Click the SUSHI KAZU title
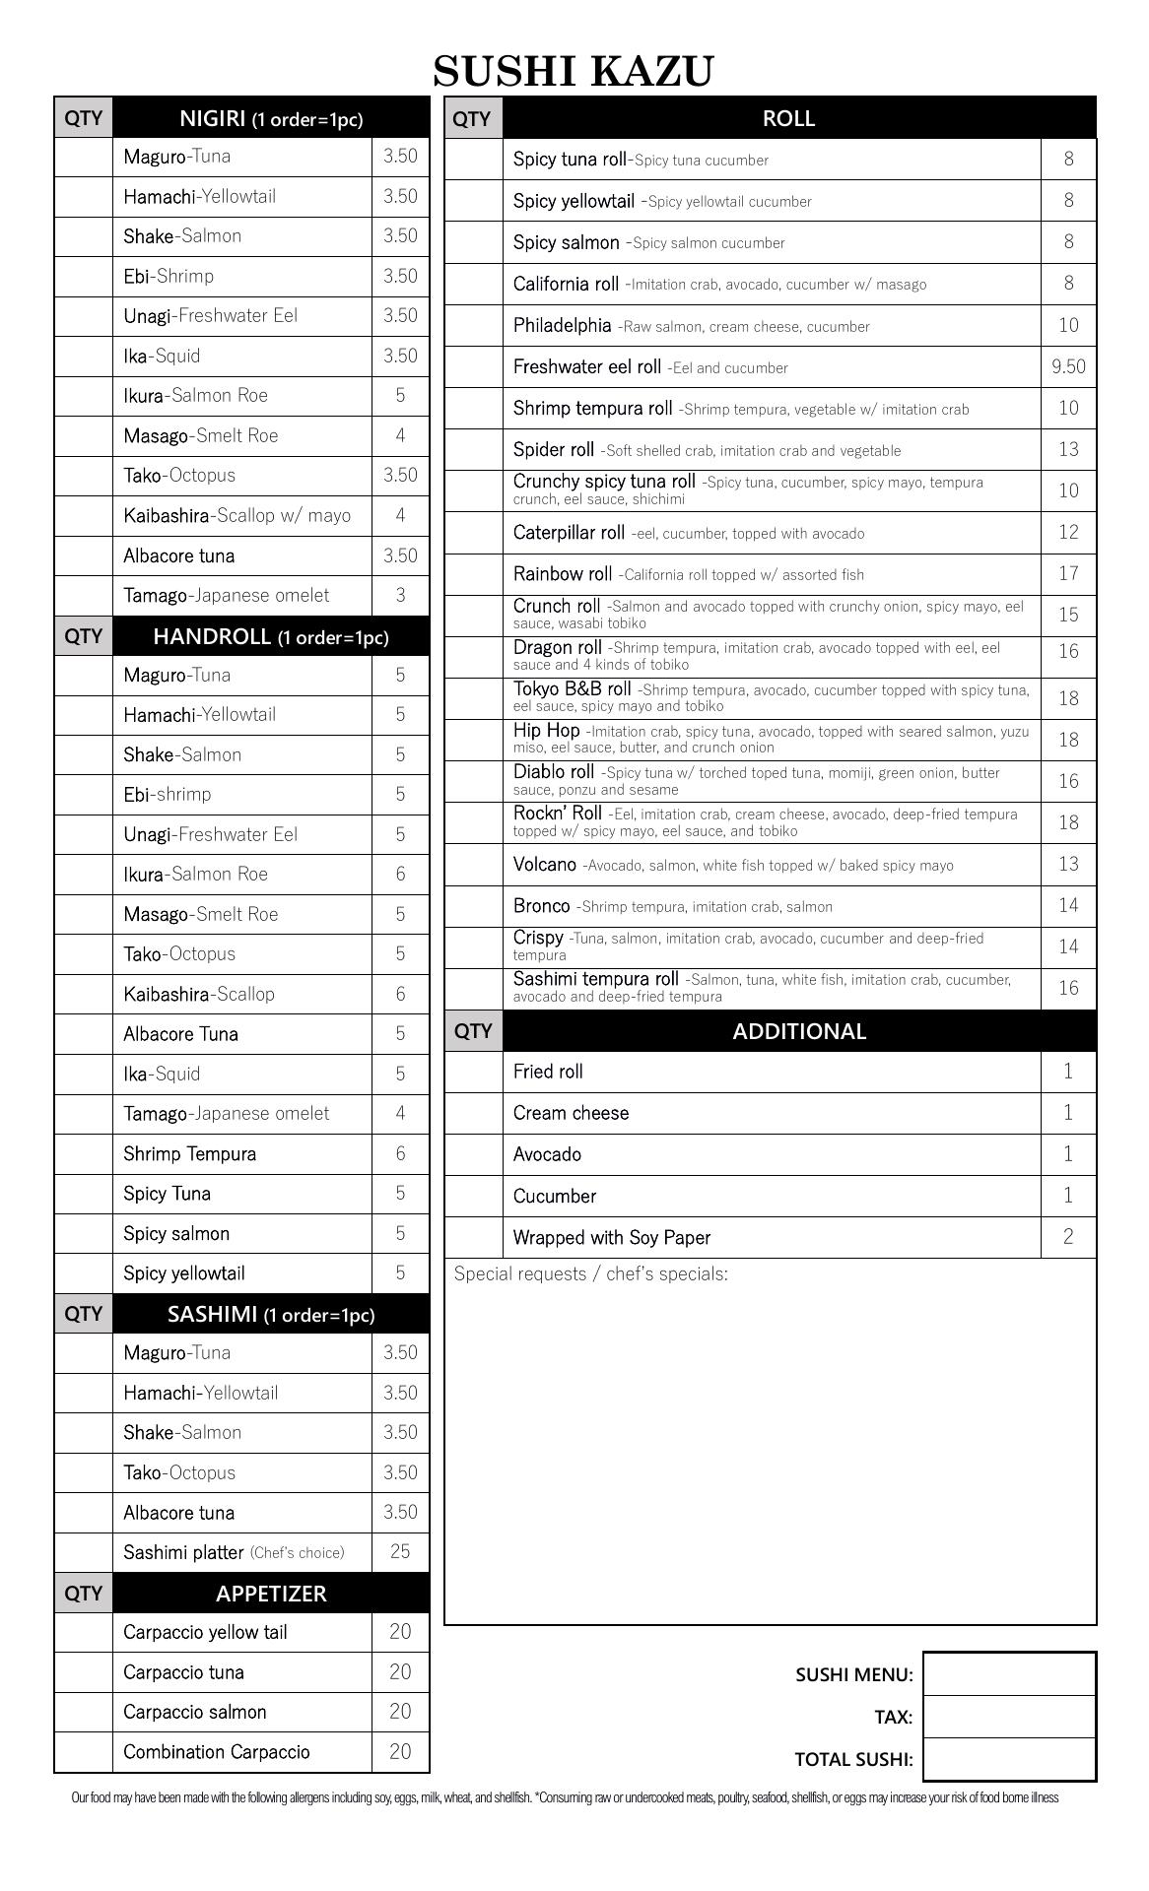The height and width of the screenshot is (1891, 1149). point(574,72)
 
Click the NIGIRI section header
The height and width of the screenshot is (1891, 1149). point(271,118)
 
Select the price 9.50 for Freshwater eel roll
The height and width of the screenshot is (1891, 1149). point(1068,366)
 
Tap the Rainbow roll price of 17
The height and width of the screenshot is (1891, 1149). point(1068,573)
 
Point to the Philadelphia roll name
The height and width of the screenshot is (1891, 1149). point(563,325)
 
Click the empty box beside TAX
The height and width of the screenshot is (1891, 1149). point(1009,1717)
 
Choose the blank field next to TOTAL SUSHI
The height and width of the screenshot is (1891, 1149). point(1009,1759)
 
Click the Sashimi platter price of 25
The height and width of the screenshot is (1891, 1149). point(400,1551)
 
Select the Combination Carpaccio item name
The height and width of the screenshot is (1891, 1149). point(217,1752)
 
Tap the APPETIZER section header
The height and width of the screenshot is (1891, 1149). point(271,1594)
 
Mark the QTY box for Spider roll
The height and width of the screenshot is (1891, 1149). point(473,449)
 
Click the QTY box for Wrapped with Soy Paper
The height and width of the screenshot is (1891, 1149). point(473,1237)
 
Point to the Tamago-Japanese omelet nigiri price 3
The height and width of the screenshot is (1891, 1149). point(400,595)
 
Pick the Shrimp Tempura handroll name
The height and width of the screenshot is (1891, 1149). point(190,1153)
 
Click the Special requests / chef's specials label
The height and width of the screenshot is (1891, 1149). point(591,1274)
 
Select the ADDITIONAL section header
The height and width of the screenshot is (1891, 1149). point(799,1031)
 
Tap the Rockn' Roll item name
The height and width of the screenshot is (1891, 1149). point(558,814)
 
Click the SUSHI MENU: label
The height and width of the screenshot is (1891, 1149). point(854,1674)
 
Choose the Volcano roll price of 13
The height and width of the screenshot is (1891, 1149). point(1068,864)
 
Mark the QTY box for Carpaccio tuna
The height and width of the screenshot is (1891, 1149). point(84,1672)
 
